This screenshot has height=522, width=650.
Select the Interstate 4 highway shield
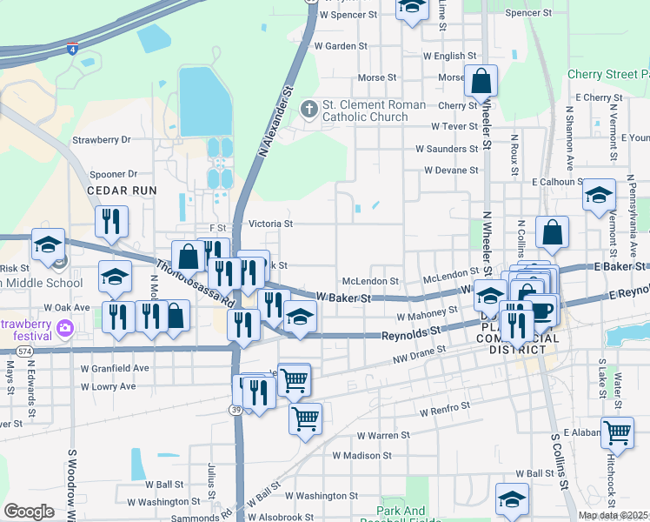72,50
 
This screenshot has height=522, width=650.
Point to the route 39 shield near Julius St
236,410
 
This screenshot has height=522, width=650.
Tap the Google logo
29,512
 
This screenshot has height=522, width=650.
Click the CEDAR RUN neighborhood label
122,190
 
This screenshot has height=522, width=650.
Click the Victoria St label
270,224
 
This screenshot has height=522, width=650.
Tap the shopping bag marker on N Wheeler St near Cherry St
481,83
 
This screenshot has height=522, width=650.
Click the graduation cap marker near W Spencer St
412,8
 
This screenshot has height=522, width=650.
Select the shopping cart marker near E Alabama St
617,432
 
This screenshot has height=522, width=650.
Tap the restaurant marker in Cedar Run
111,223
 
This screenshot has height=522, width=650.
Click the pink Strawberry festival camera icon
63,328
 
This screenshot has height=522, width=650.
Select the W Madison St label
361,455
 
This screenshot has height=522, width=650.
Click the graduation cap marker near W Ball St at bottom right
512,500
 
